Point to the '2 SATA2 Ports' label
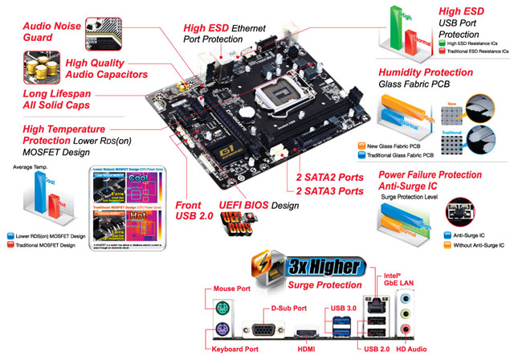330,177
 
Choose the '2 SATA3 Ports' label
330,191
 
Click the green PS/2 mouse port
225,308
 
